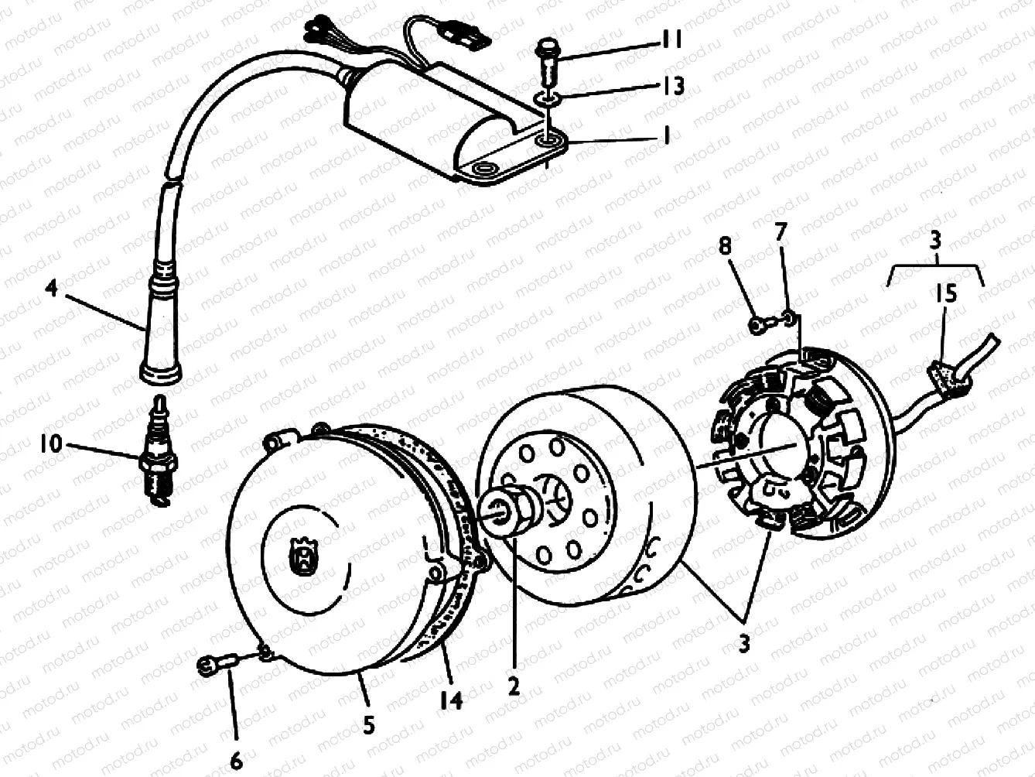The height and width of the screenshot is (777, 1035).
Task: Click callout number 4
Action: coord(51,289)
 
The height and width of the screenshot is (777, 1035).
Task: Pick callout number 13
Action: coord(674,86)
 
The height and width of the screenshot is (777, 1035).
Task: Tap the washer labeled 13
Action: coord(548,99)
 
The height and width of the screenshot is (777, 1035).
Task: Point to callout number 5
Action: coord(369,725)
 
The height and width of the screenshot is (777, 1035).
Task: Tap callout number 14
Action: coord(451,700)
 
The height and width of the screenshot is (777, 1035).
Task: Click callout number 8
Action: coord(725,247)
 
